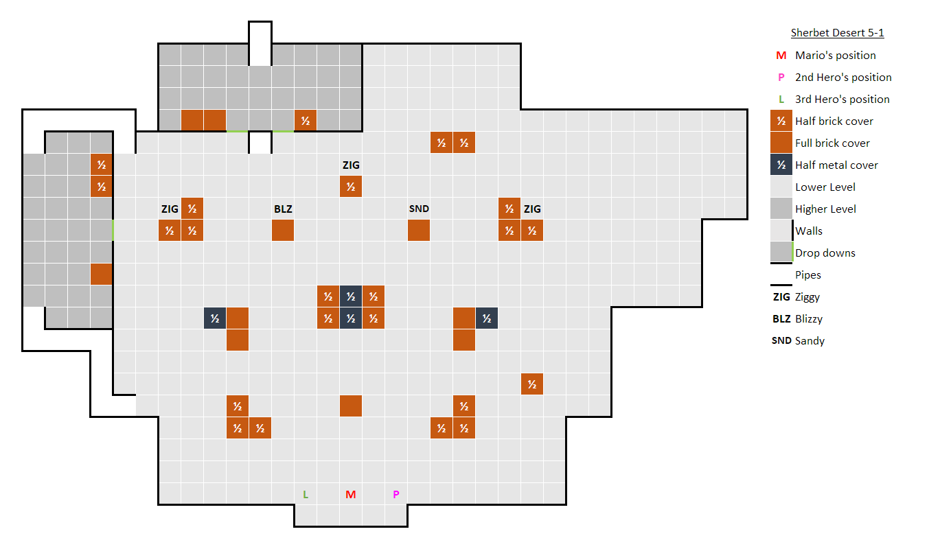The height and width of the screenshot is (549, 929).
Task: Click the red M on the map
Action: click(x=351, y=494)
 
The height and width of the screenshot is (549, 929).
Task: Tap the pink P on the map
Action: click(x=395, y=494)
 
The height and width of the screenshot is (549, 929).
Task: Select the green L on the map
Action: click(x=306, y=494)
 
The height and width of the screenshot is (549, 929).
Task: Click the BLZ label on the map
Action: click(x=283, y=209)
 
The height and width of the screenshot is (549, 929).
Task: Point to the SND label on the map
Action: click(x=419, y=209)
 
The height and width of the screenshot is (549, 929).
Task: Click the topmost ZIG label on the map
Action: click(x=351, y=165)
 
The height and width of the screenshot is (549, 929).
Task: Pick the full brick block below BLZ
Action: click(x=283, y=231)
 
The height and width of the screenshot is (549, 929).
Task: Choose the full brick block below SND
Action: click(x=419, y=231)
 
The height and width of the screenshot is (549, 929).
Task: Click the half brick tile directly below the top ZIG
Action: click(x=351, y=187)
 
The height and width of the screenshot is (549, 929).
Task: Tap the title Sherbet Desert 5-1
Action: click(x=842, y=33)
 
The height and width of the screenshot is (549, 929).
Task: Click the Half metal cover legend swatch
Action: click(x=781, y=165)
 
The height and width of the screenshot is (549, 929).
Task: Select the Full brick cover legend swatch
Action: click(x=781, y=143)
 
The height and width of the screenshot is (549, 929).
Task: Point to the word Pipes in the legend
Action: click(x=808, y=274)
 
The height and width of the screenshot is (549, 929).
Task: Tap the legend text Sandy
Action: click(x=810, y=340)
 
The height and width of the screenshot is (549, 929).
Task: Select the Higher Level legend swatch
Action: click(x=781, y=209)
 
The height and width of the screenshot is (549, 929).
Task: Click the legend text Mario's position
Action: click(x=836, y=55)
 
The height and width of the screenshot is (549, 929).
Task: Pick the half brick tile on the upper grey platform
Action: click(x=306, y=121)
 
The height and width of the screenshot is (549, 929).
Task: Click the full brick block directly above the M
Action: click(x=351, y=406)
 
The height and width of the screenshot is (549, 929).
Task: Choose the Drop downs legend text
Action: click(x=825, y=253)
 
